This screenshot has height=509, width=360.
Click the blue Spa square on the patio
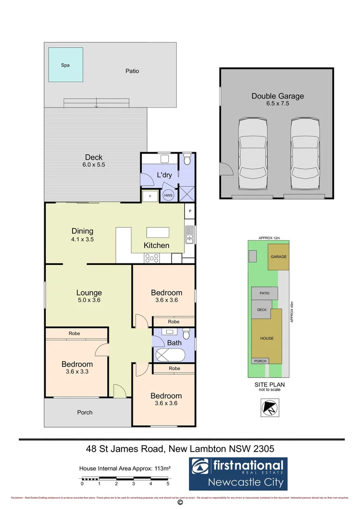(x=65, y=65)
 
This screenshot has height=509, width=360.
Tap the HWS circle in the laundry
(x=168, y=195)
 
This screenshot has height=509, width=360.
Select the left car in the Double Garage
(x=253, y=153)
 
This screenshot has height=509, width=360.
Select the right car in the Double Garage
(x=304, y=153)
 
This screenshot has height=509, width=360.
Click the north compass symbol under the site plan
(x=269, y=407)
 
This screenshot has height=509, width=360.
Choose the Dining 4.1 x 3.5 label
(x=82, y=235)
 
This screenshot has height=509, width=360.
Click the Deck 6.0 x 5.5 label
(x=93, y=161)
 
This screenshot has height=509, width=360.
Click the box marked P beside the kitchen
(x=190, y=212)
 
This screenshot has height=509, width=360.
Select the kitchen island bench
(x=157, y=232)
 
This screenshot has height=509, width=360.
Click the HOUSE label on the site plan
(x=267, y=338)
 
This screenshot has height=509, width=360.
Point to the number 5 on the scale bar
(x=168, y=484)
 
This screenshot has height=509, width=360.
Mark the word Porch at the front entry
(x=85, y=412)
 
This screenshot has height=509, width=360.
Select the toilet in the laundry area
(x=187, y=161)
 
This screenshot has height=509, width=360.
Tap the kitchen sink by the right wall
(x=190, y=235)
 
